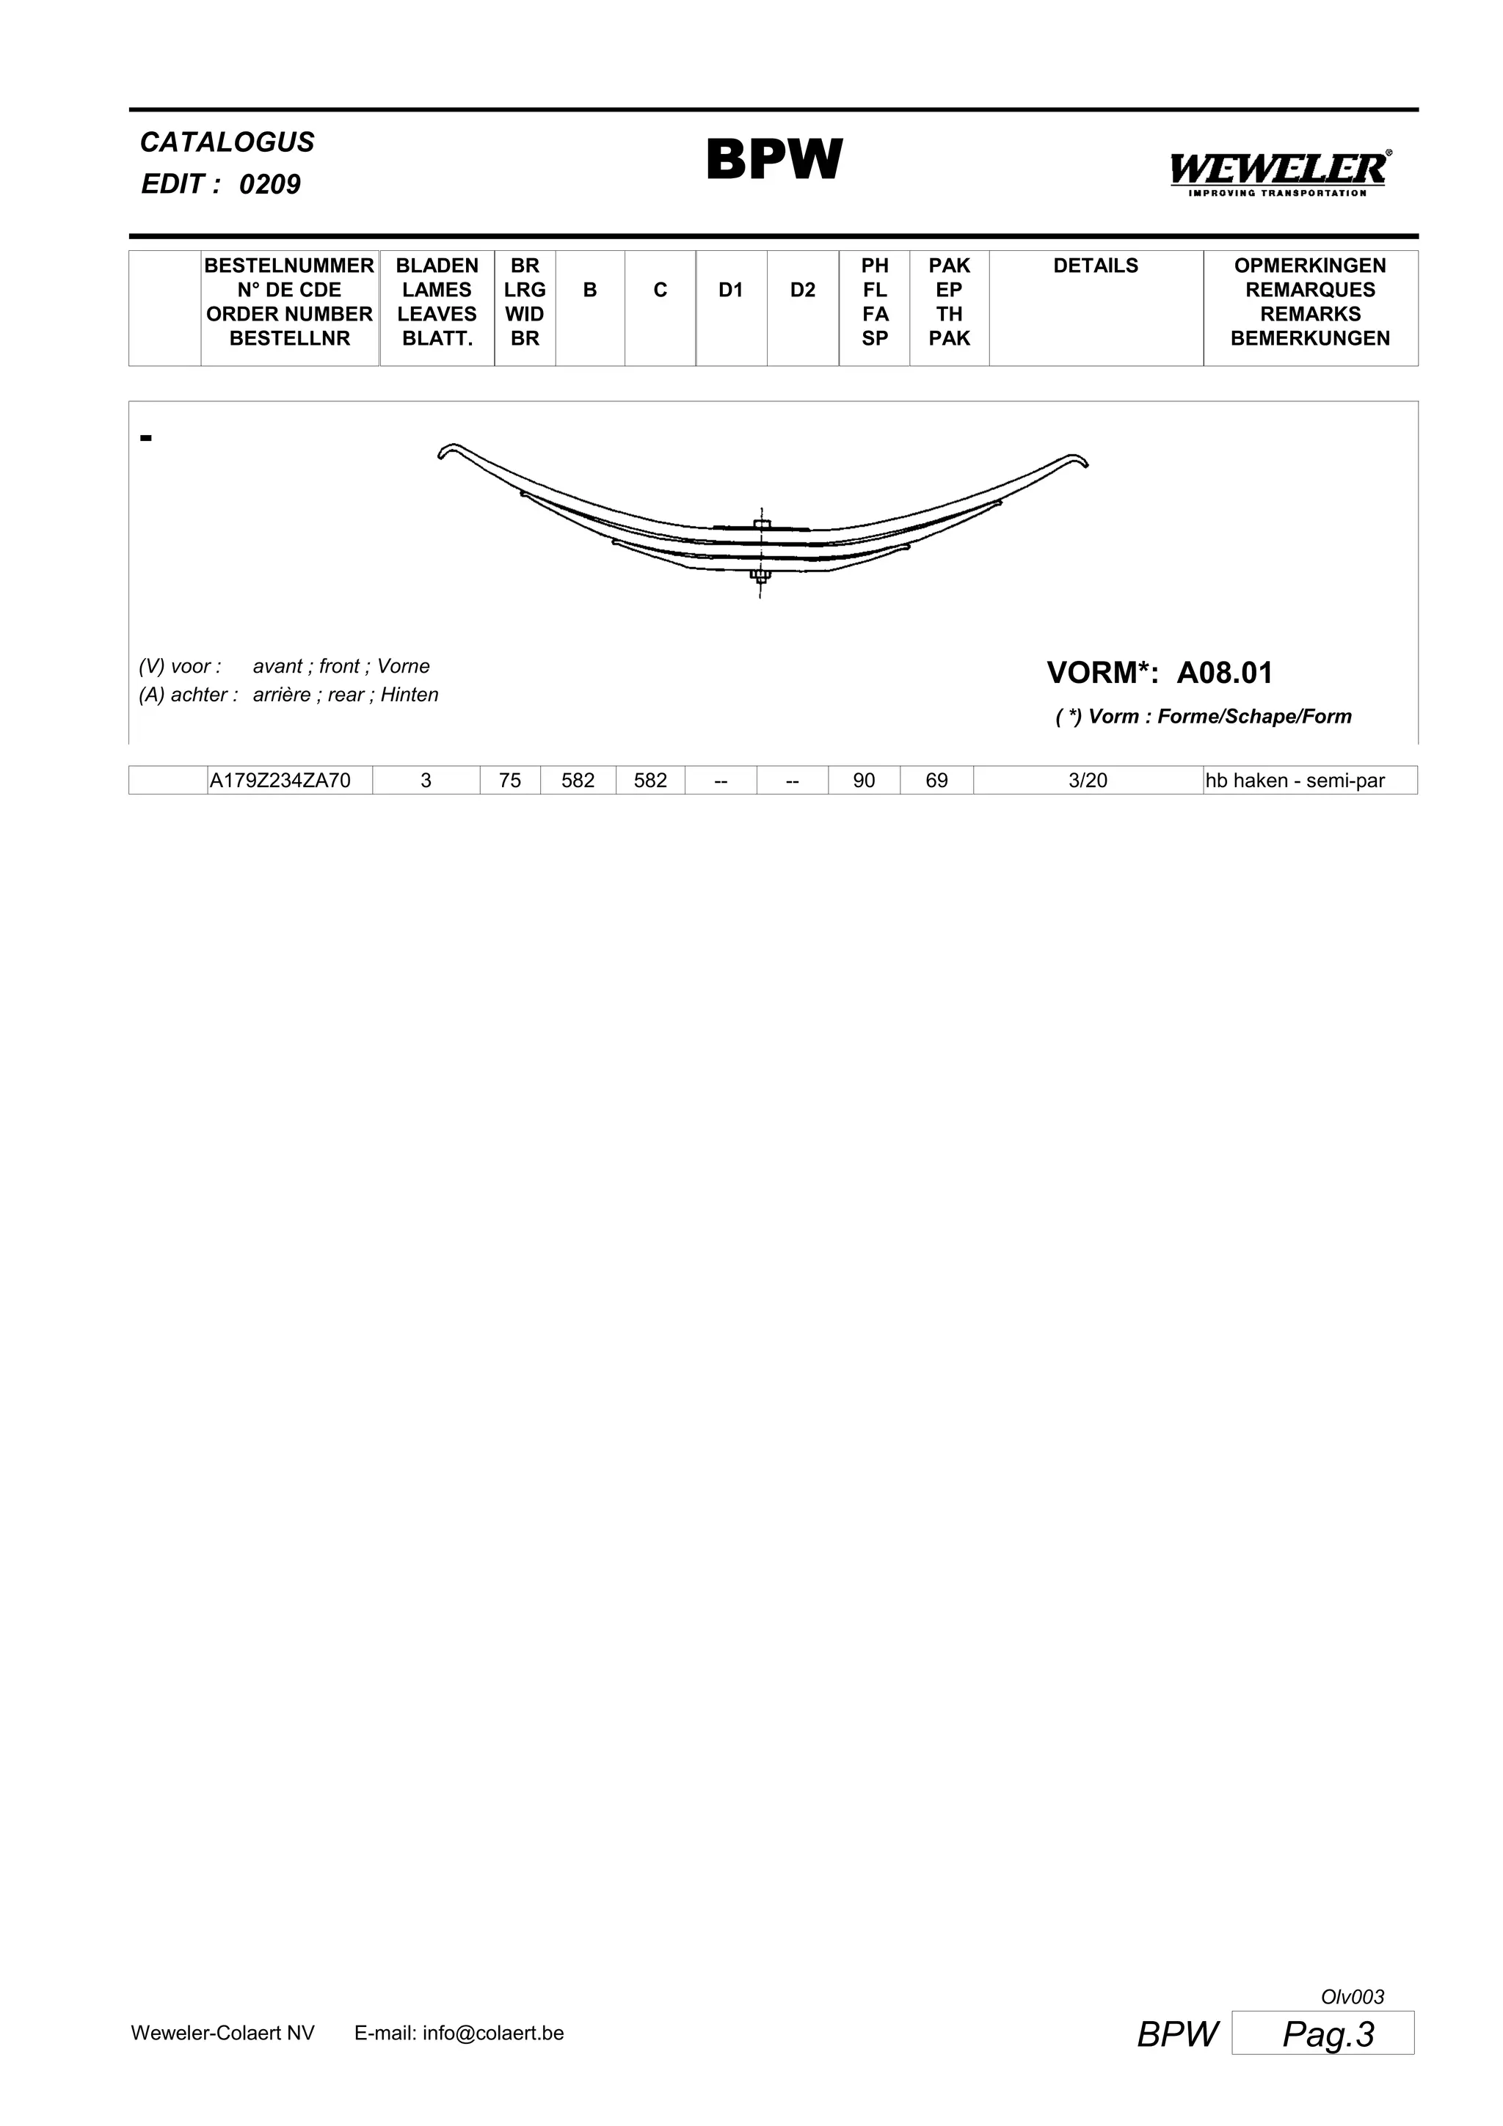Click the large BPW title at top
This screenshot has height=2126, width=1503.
[x=774, y=160]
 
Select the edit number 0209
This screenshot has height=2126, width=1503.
[x=269, y=184]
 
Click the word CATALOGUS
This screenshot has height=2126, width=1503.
[x=227, y=142]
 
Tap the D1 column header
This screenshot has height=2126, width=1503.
[x=731, y=291]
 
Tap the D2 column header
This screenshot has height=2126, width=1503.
[x=802, y=291]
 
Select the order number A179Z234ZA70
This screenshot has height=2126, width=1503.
[x=280, y=781]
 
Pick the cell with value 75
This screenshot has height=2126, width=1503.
[x=509, y=781]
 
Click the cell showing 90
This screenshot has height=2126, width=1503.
[x=863, y=781]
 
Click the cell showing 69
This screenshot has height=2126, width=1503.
[x=936, y=781]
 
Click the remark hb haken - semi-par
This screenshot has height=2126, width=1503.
[x=1295, y=781]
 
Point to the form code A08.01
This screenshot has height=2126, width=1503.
[x=1224, y=673]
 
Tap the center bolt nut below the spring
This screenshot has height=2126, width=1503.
[x=760, y=577]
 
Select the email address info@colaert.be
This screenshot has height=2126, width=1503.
[x=492, y=2034]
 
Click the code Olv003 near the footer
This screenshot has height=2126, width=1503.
[x=1352, y=1998]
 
